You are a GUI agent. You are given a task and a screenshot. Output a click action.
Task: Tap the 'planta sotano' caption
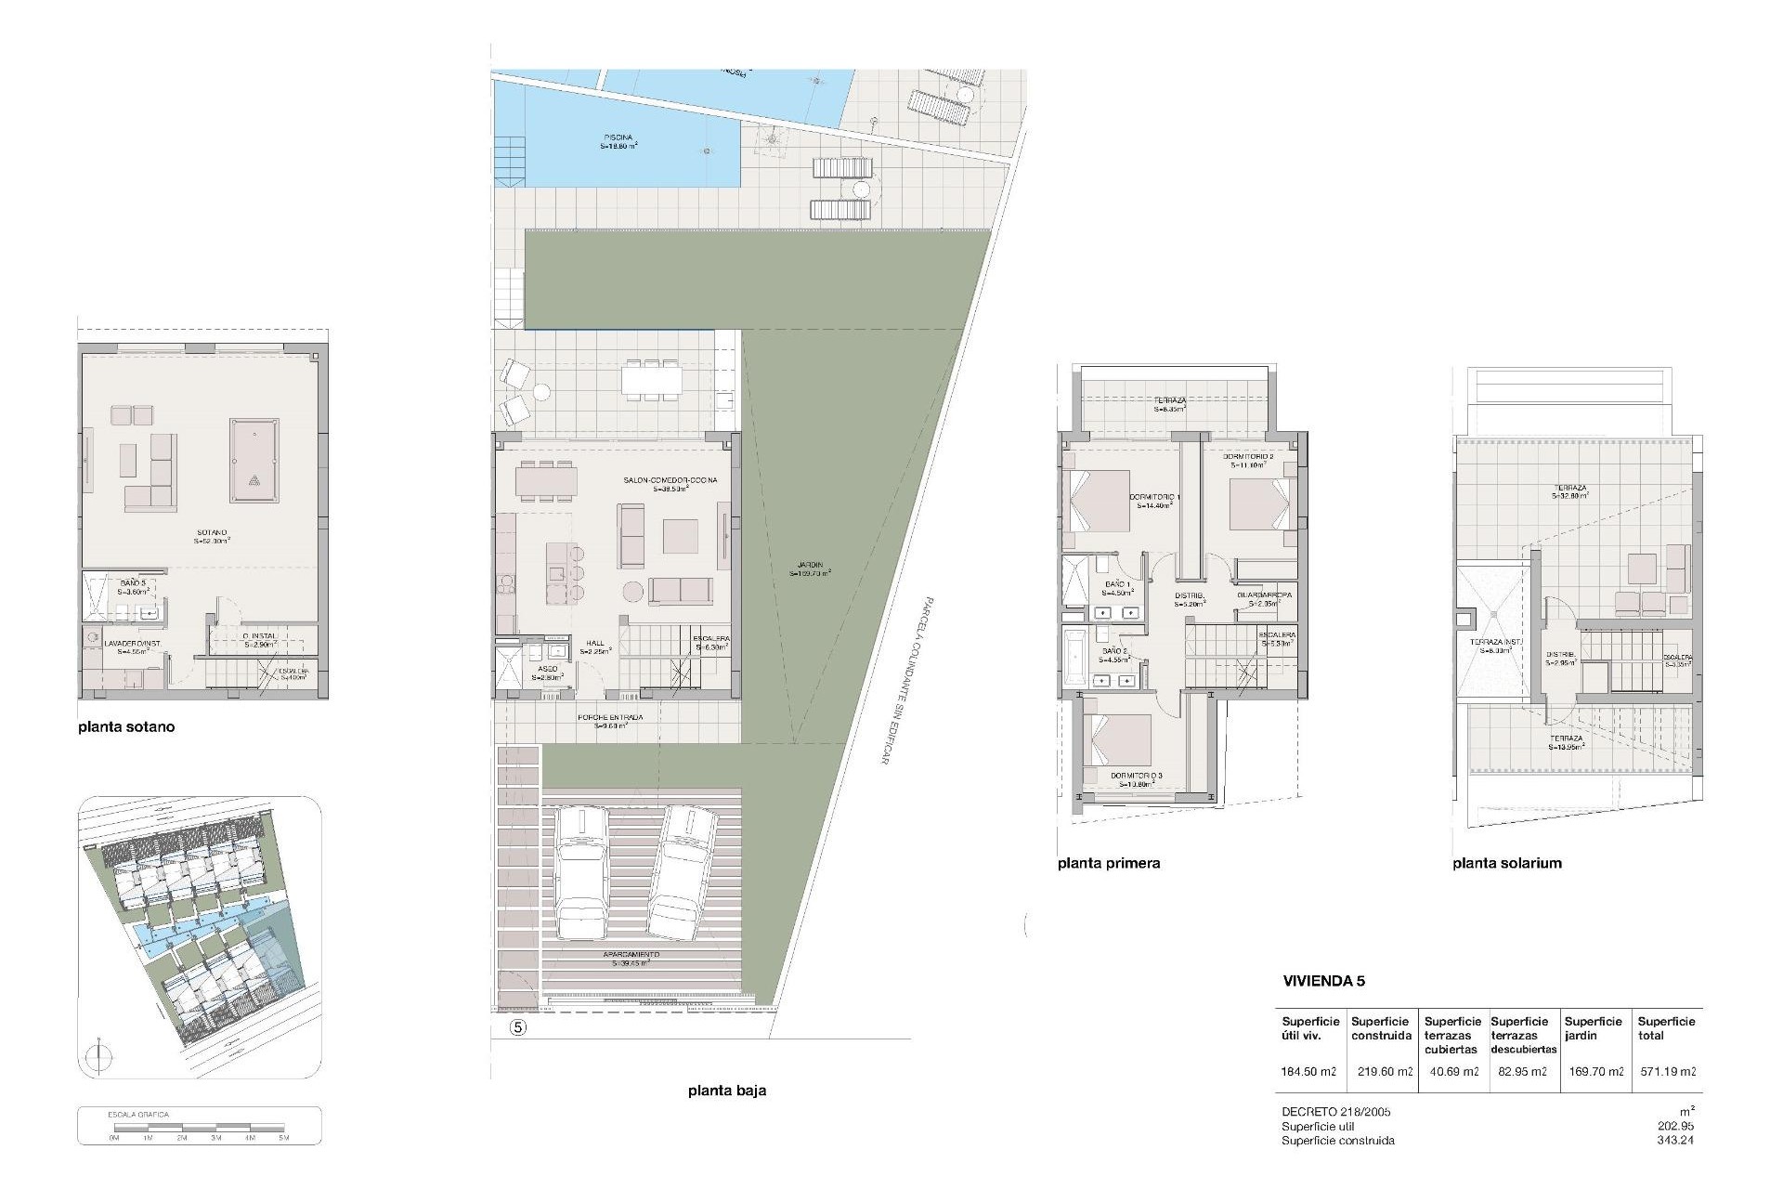[126, 727]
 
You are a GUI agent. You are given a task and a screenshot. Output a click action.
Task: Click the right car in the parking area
[683, 871]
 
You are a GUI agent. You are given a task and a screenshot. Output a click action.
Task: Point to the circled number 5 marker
[518, 1027]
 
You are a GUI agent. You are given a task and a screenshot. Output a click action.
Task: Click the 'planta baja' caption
[727, 1091]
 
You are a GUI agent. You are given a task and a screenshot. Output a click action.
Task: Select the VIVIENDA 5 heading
[1323, 981]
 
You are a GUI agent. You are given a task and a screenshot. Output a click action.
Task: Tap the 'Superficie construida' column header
[1381, 1028]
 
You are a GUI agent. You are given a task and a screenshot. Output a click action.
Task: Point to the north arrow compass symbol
[99, 1058]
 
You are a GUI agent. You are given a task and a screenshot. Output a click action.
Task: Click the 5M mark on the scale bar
[284, 1138]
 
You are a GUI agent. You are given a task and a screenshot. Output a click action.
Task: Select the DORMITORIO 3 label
[1136, 776]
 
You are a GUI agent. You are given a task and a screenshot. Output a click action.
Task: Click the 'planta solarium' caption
[1507, 863]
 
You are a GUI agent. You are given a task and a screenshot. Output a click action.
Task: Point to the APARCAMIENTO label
[631, 955]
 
